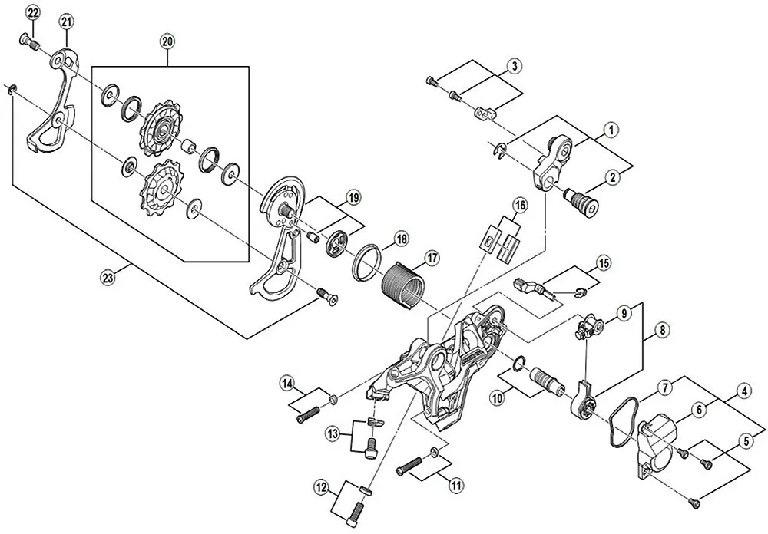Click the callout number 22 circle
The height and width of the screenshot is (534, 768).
(x=32, y=12)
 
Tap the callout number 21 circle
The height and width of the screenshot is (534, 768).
(x=67, y=22)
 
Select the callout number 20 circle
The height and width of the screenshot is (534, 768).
(x=168, y=41)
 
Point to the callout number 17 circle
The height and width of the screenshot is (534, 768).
(x=432, y=259)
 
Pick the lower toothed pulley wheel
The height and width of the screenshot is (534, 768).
(x=161, y=189)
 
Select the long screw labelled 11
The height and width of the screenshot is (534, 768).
(x=411, y=463)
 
